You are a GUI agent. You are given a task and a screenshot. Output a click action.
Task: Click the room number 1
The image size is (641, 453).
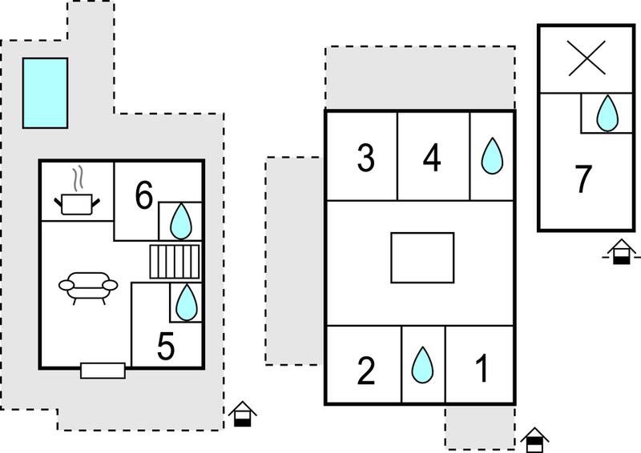[482, 368]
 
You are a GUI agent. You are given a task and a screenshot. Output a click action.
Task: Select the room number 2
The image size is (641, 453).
[366, 371]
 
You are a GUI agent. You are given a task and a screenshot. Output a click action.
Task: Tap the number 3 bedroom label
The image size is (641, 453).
[365, 158]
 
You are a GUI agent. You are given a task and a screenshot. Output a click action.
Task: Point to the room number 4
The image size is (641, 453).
[432, 158]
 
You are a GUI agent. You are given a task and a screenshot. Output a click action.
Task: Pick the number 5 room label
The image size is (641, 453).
[166, 346]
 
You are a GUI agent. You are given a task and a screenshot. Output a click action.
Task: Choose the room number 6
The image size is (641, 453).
[144, 194]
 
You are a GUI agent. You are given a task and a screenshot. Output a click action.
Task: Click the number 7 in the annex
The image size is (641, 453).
[583, 178]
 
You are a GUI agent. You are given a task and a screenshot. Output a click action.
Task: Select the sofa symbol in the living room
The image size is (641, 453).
[88, 288]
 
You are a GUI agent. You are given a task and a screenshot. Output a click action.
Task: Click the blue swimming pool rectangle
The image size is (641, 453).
[46, 93]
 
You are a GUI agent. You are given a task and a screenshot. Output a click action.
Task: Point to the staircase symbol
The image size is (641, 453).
[175, 262]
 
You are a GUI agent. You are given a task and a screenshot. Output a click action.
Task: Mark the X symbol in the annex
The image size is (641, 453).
[587, 58]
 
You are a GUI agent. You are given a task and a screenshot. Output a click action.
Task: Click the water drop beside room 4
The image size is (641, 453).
[492, 156]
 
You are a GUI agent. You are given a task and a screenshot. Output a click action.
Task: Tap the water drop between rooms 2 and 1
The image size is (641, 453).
[422, 365]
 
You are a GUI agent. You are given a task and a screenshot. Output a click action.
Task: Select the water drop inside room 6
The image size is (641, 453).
[181, 221]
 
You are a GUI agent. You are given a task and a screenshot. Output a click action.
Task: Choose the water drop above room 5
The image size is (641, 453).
[187, 303]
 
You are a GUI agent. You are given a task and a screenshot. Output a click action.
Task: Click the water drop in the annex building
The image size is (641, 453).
[607, 113]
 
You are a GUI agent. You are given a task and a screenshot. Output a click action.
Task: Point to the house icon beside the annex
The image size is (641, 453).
[622, 252]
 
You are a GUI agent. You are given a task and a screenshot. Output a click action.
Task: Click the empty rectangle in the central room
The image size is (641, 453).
[422, 258]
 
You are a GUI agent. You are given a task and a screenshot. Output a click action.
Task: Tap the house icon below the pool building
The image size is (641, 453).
[243, 415]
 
